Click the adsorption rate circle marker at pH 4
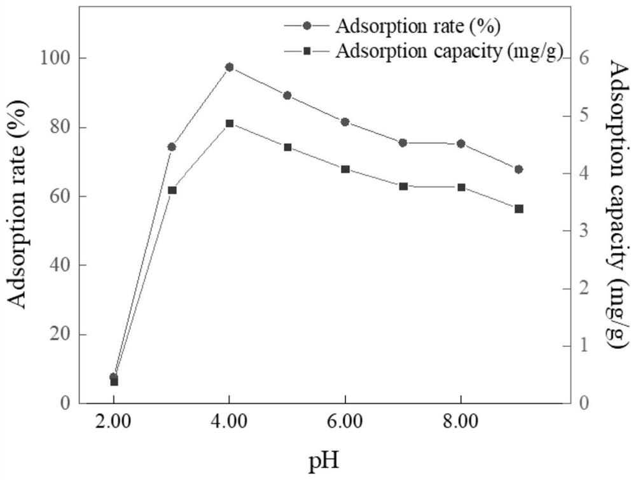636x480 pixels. [x=230, y=67]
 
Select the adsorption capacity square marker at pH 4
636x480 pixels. [x=230, y=124]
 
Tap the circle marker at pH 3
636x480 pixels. [x=172, y=146]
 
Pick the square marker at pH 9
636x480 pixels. [x=519, y=209]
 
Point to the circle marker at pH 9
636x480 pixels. [x=519, y=169]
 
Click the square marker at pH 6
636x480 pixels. [x=345, y=169]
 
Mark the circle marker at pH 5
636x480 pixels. [x=287, y=95]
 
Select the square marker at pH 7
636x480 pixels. [x=403, y=186]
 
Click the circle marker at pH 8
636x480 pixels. [x=461, y=144]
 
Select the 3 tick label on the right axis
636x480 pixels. [x=583, y=231]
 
